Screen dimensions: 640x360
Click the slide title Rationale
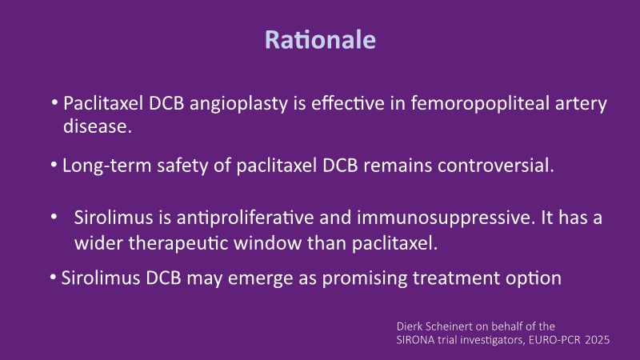(321, 39)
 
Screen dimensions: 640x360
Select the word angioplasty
(238, 104)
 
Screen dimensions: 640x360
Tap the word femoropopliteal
(480, 104)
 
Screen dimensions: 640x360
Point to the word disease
(98, 126)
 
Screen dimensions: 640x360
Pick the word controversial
(496, 166)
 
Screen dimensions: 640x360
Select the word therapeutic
(178, 243)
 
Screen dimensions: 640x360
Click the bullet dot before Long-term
(54, 166)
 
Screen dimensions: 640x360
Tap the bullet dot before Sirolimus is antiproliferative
(54, 217)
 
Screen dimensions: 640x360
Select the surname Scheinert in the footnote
(448, 326)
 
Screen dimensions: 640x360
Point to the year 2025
(597, 340)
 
